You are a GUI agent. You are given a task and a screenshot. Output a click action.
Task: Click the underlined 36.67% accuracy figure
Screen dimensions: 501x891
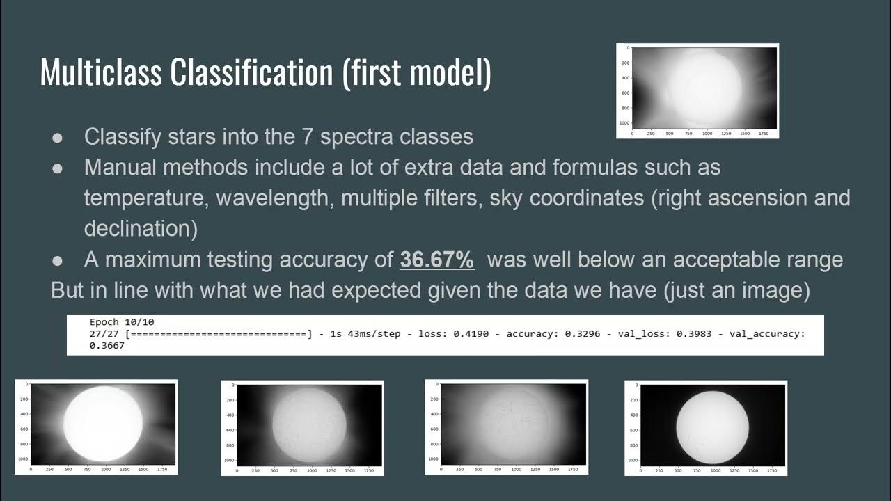437,260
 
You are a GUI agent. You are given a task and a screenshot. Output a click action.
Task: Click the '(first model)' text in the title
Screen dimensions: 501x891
416,72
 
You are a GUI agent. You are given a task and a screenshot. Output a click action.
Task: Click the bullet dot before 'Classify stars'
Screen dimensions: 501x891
59,137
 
